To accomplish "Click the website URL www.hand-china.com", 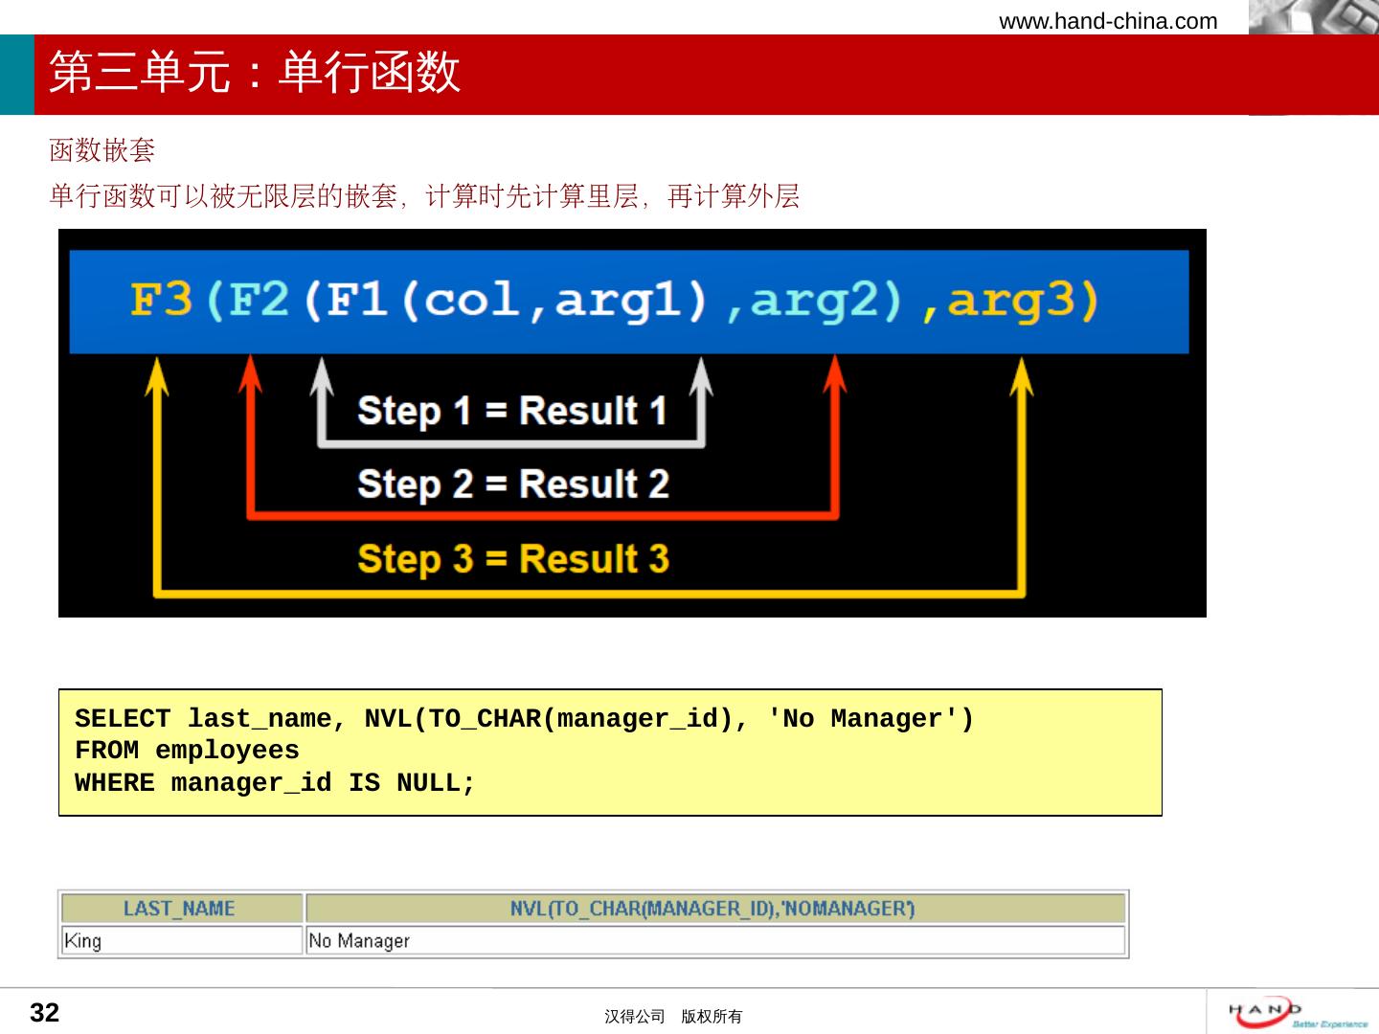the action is pos(1108,21).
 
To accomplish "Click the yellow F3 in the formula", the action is pos(161,299).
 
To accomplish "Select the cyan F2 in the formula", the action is pos(259,299).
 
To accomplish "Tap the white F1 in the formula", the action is pos(357,299).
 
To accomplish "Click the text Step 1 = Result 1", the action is pos(512,412).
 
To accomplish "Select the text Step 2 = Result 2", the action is pos(513,484).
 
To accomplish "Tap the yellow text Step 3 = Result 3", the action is pos(513,559).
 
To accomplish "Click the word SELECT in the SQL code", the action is pos(123,718).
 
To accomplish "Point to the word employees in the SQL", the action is pos(227,751).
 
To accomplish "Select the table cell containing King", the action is pos(182,940).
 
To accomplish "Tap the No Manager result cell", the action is pos(715,940).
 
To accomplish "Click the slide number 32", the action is pos(45,1013).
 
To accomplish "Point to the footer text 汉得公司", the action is pos(634,1017).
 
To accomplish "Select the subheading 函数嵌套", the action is pos(102,150).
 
